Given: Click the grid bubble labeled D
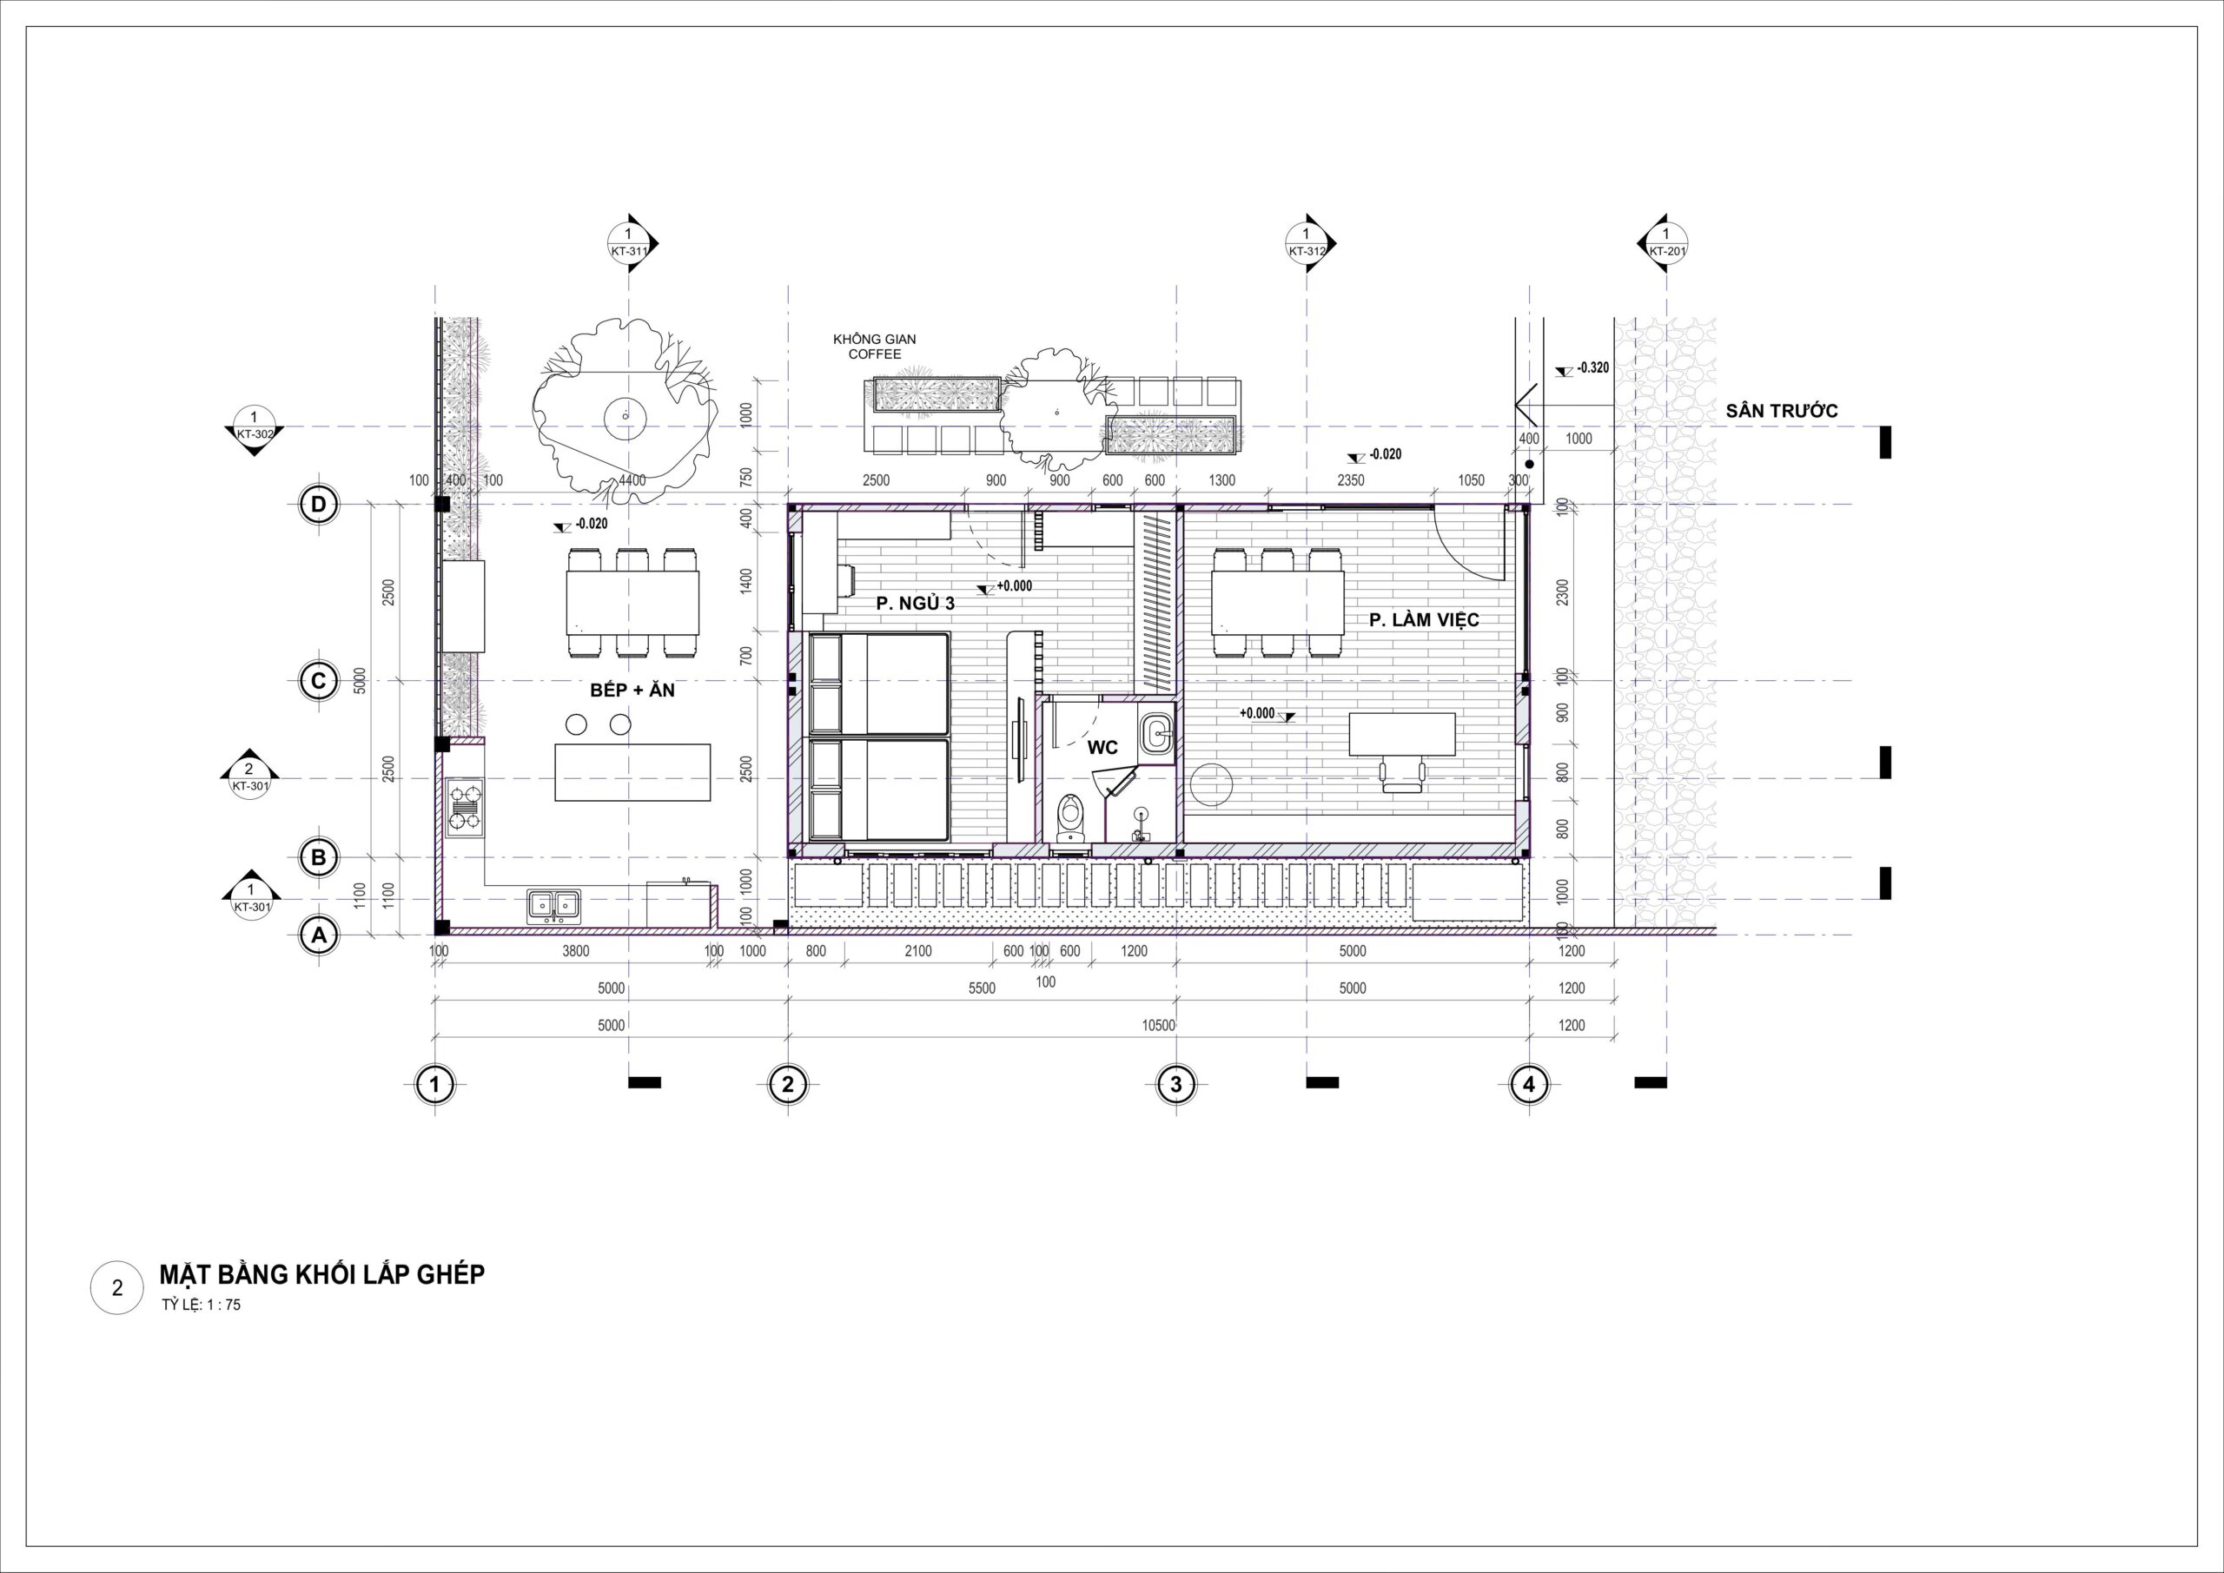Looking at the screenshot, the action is (318, 505).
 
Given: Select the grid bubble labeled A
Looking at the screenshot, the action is (318, 935).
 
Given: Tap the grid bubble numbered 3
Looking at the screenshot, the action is (1176, 1085).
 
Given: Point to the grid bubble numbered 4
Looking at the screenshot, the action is (1528, 1085).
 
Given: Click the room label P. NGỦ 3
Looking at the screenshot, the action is (916, 604).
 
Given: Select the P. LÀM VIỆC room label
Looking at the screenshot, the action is (1424, 620).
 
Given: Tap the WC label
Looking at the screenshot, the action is (1102, 748).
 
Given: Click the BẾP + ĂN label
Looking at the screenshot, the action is (632, 691).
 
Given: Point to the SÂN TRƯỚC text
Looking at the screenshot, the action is (1781, 411).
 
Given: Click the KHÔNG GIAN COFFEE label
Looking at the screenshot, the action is (875, 347).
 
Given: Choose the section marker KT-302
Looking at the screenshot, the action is (254, 426).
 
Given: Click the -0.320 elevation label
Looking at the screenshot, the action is (1591, 368).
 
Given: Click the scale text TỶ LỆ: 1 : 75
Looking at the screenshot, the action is (202, 1305).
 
